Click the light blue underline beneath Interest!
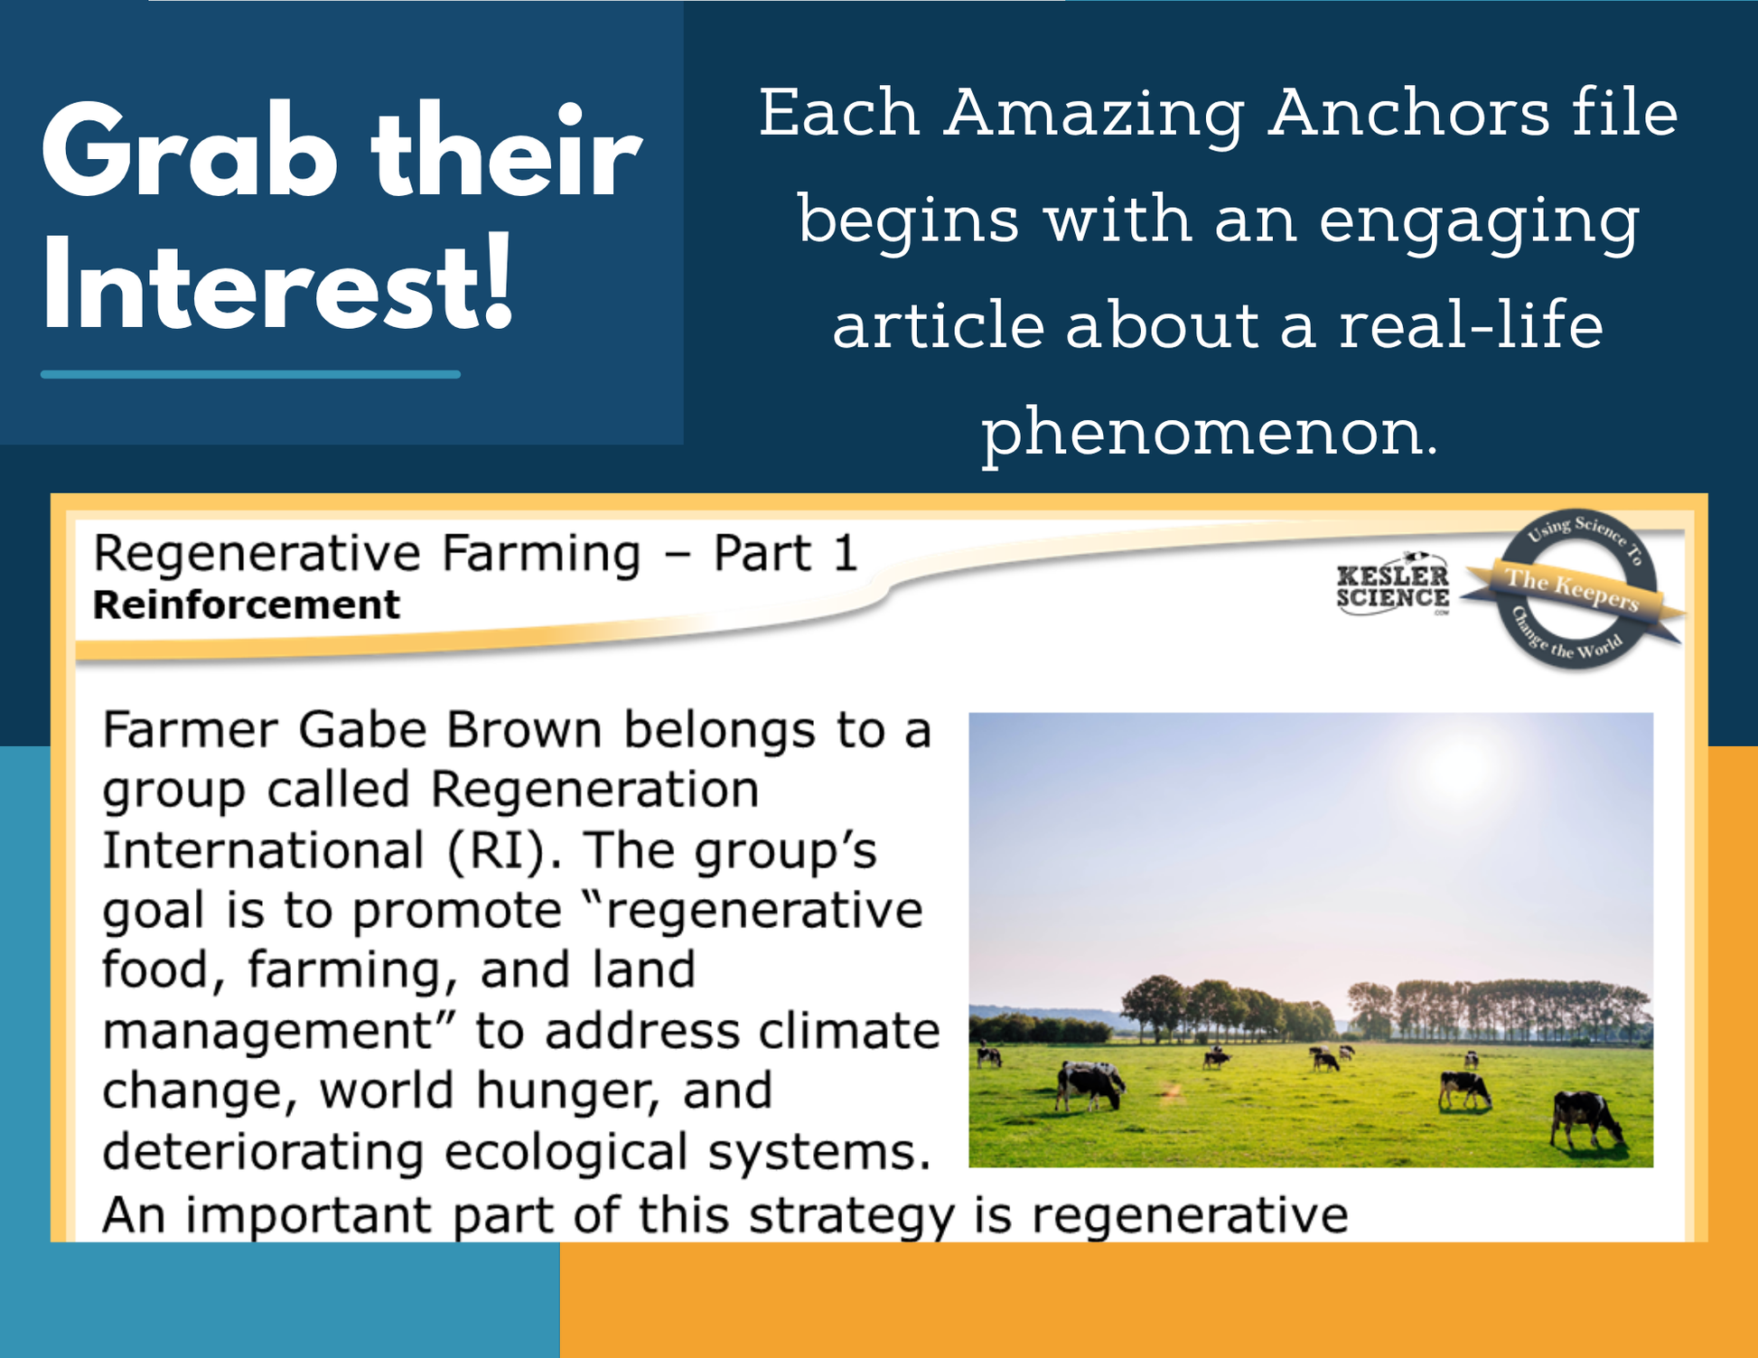(250, 374)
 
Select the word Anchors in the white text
(1408, 114)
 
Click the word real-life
(1471, 325)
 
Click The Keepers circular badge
(1573, 589)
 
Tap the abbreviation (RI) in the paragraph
(496, 851)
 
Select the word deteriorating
(262, 1152)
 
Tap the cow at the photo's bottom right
(1586, 1120)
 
